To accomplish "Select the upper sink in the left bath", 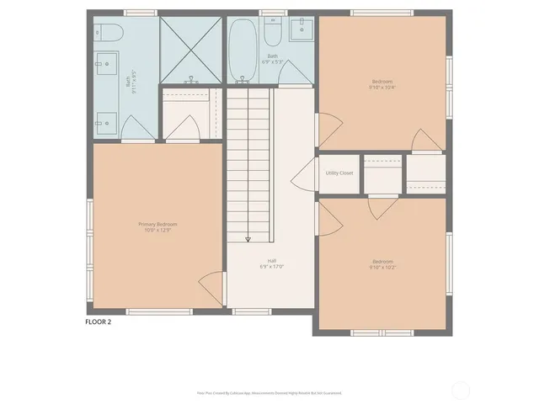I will [106, 61].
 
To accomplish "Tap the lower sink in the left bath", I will [106, 121].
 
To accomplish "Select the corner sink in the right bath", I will [301, 30].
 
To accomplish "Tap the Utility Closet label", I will [339, 173].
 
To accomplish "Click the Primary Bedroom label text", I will [157, 224].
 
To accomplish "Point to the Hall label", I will [271, 260].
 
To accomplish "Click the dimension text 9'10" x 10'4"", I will [382, 87].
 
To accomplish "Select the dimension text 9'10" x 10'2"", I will [382, 267].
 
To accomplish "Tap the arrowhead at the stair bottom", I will [248, 240].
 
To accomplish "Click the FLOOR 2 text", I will [99, 321].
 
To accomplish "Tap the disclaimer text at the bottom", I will [269, 392].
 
